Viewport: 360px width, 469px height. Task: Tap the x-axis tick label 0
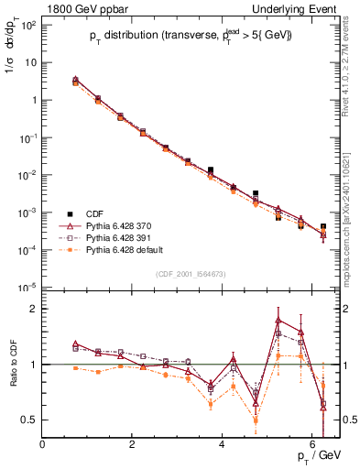pos(43,444)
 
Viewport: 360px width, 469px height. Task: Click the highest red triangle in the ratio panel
pos(278,320)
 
